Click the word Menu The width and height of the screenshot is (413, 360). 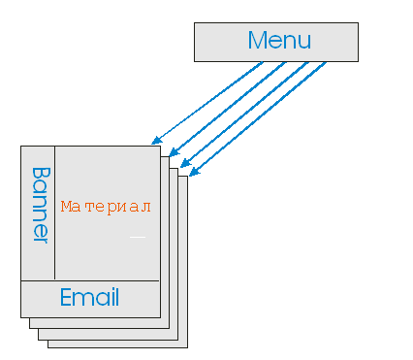279,41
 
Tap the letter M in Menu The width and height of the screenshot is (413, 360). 258,41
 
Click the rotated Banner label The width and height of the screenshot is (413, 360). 40,205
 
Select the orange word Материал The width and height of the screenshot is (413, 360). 107,207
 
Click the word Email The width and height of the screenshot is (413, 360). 89,298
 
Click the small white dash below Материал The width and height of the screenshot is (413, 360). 137,236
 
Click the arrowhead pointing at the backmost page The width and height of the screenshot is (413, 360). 192,174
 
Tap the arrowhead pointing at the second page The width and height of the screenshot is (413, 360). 171,152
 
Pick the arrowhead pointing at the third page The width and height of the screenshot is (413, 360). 181,163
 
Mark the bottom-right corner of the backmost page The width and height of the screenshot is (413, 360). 187,347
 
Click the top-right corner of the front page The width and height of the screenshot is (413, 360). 159,145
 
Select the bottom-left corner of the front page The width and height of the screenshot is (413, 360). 20,317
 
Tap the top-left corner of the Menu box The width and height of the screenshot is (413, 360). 194,23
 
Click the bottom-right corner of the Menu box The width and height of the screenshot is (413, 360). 358,61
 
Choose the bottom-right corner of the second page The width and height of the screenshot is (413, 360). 169,328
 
